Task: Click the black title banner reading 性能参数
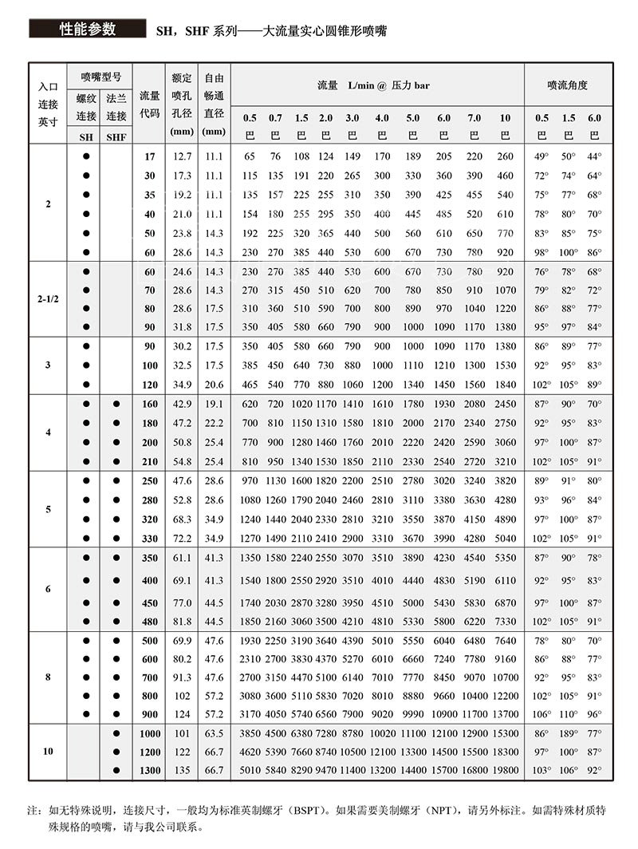(x=88, y=30)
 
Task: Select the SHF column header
(x=116, y=136)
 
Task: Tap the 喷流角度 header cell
(x=567, y=85)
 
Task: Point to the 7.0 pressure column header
(x=475, y=118)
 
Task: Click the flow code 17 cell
(x=150, y=156)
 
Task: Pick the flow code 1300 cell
(x=150, y=770)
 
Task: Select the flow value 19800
(x=506, y=770)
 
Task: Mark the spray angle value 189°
(x=568, y=733)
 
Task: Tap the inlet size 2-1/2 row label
(x=48, y=298)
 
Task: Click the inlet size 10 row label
(x=48, y=752)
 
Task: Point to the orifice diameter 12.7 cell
(x=182, y=156)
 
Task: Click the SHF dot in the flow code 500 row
(x=116, y=642)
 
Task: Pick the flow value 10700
(x=506, y=677)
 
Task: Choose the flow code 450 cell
(x=150, y=602)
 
